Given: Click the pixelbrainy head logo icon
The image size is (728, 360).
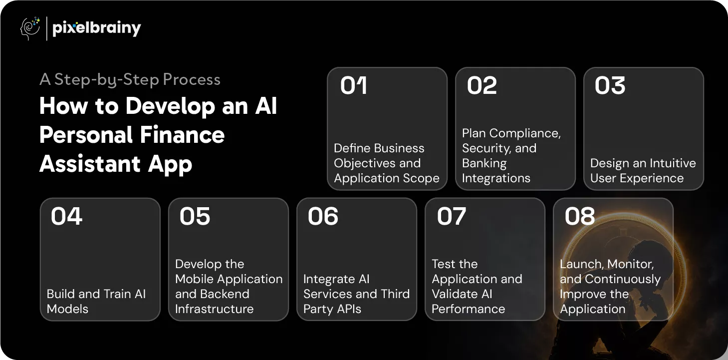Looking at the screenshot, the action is click(x=30, y=28).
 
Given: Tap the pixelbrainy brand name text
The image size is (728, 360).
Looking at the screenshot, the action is click(x=96, y=28).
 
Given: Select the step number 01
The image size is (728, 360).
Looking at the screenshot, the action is click(x=354, y=85).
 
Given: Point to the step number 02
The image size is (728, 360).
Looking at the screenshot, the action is click(x=482, y=85).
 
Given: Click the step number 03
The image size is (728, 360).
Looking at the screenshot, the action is click(x=610, y=85).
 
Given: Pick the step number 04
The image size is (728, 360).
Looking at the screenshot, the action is click(x=66, y=216).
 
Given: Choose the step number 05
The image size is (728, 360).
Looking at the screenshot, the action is click(x=195, y=216).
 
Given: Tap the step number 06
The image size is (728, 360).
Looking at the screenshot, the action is click(x=323, y=216).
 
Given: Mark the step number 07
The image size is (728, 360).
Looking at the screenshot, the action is click(x=451, y=216).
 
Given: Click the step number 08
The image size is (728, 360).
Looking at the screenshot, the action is click(x=579, y=216).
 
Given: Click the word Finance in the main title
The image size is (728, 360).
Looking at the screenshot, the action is click(x=182, y=135).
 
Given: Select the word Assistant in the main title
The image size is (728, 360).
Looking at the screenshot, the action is click(x=90, y=164).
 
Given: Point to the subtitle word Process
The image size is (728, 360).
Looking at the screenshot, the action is click(x=192, y=79).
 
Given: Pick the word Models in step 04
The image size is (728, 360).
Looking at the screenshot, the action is click(x=67, y=309).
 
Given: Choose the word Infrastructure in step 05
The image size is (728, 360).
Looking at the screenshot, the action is click(x=214, y=309).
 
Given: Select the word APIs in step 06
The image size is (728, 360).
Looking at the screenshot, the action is click(x=349, y=309).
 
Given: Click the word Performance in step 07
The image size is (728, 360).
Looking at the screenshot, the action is click(x=469, y=309).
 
